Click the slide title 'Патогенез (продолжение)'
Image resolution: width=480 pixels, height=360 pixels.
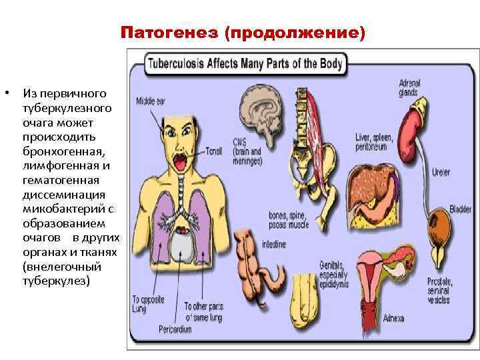click(x=243, y=32)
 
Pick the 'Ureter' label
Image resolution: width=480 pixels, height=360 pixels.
click(x=441, y=172)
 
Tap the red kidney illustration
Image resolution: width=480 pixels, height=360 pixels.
click(x=414, y=131)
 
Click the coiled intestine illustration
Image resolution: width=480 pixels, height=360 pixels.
click(x=261, y=267)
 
